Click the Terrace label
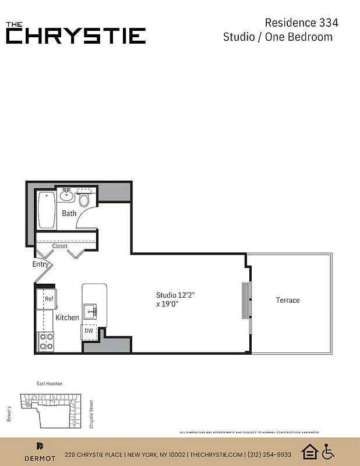288,300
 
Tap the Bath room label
69,213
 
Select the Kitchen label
67,317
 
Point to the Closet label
60,246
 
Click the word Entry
41,264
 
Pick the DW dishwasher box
89,331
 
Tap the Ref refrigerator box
49,299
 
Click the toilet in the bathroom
84,200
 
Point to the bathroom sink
66,196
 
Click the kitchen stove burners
46,341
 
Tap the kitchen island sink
90,312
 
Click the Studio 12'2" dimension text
175,295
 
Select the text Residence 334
301,23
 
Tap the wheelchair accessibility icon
329,451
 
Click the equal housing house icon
309,451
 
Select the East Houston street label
49,383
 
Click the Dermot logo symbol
40,446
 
